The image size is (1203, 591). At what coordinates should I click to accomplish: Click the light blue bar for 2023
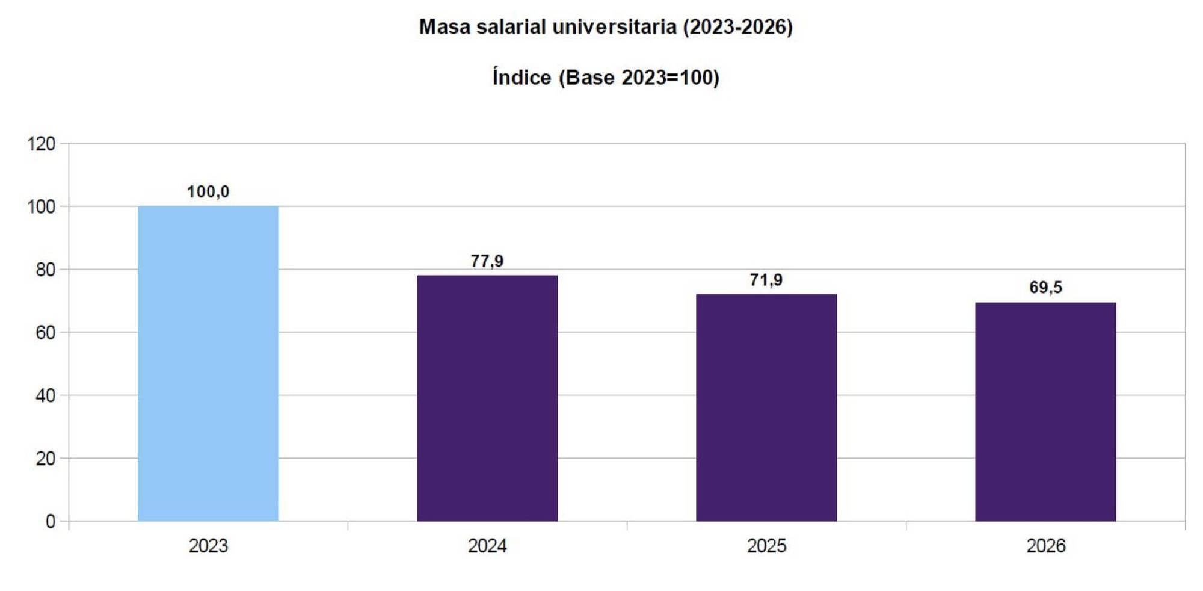point(208,364)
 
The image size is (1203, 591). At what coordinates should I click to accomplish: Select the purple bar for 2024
point(487,398)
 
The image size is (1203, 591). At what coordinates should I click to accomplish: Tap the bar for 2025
point(766,407)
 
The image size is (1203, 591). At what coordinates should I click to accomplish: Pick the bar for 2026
point(1045,412)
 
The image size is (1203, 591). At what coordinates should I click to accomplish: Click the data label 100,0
point(208,192)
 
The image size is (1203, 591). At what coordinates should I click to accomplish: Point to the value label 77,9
point(487,261)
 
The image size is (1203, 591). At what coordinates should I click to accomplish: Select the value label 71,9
point(766,280)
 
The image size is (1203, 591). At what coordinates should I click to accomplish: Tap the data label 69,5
point(1045,288)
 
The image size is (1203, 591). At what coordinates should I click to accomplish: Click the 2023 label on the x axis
point(208,546)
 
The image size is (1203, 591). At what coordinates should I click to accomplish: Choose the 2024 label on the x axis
point(487,546)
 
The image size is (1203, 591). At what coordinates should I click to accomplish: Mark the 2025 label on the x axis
point(766,546)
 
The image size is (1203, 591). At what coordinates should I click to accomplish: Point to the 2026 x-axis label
point(1045,546)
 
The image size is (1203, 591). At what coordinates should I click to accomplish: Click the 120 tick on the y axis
point(41,144)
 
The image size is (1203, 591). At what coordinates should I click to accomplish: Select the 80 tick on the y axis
point(45,270)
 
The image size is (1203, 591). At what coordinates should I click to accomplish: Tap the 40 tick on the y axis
point(45,395)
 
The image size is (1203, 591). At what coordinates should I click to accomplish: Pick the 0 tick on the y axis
point(51,521)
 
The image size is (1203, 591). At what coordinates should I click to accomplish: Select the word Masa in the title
point(445,27)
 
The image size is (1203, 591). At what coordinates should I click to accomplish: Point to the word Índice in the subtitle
point(522,78)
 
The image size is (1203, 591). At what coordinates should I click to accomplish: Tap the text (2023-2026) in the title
point(738,27)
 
